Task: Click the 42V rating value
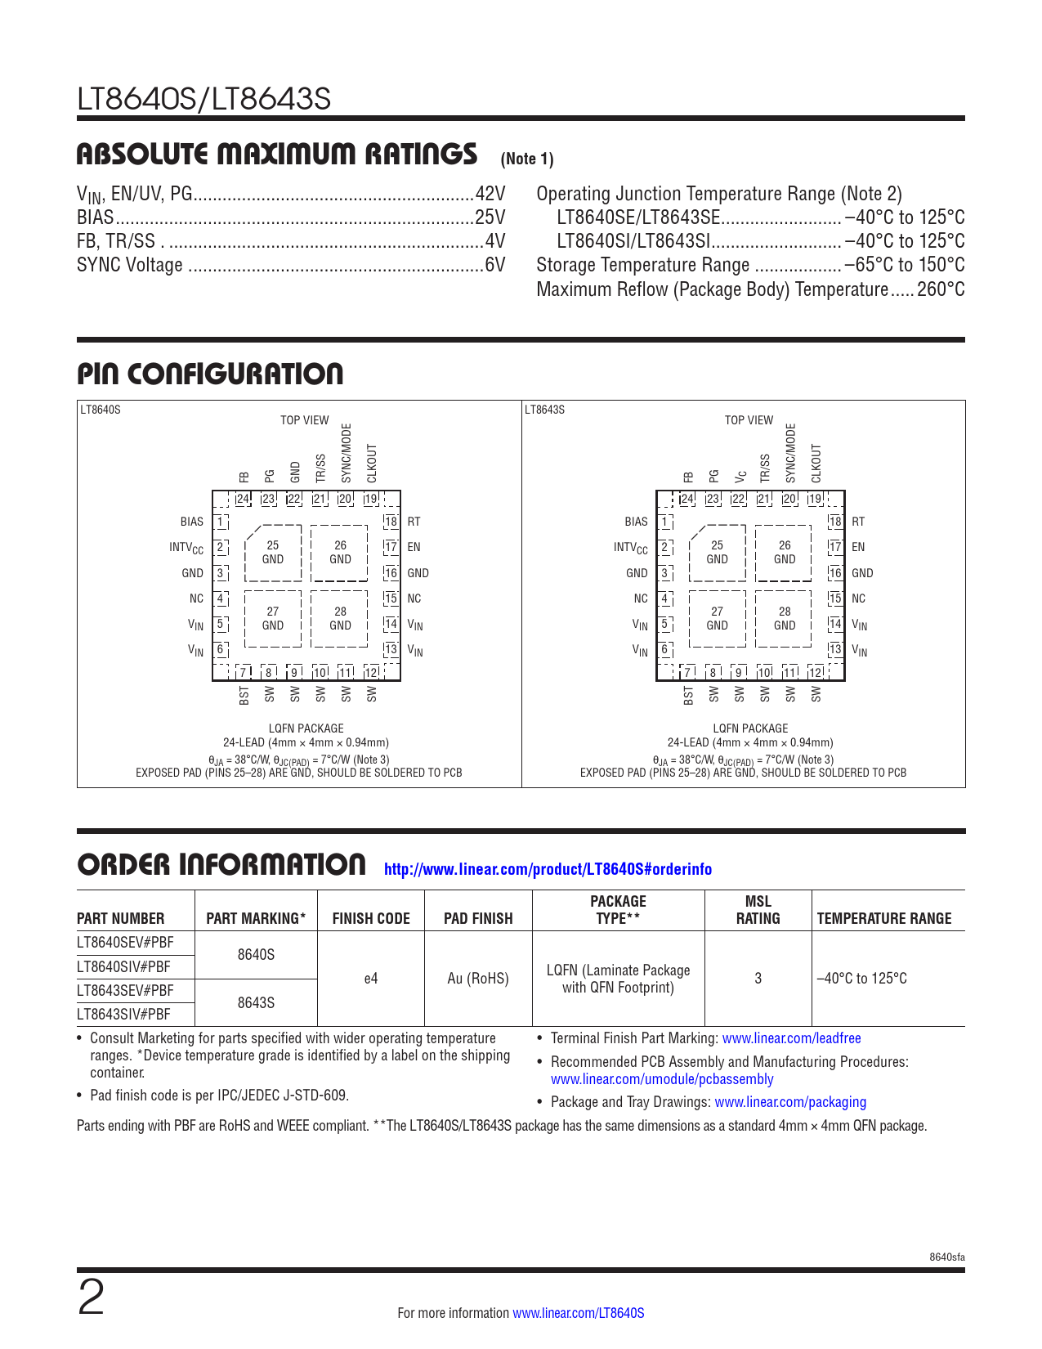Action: tap(490, 194)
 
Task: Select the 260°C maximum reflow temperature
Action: tap(941, 289)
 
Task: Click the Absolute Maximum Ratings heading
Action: tap(277, 155)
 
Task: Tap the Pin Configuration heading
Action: tap(210, 374)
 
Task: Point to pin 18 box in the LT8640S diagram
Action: tap(391, 522)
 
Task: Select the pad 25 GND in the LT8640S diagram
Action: tap(273, 553)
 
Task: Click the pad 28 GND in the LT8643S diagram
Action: tap(785, 619)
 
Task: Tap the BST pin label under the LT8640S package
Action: tap(244, 695)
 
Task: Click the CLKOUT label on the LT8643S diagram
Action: tap(816, 464)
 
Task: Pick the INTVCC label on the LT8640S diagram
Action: tap(186, 548)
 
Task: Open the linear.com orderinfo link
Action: tap(548, 869)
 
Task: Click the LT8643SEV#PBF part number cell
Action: tap(124, 990)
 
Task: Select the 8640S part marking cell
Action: tap(256, 955)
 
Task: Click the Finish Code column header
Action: tap(371, 918)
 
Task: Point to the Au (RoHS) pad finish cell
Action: tap(478, 979)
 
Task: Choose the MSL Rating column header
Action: tap(758, 910)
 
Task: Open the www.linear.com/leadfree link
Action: tap(791, 1038)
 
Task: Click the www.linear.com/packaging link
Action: tap(790, 1102)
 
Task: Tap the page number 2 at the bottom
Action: tap(92, 1297)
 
